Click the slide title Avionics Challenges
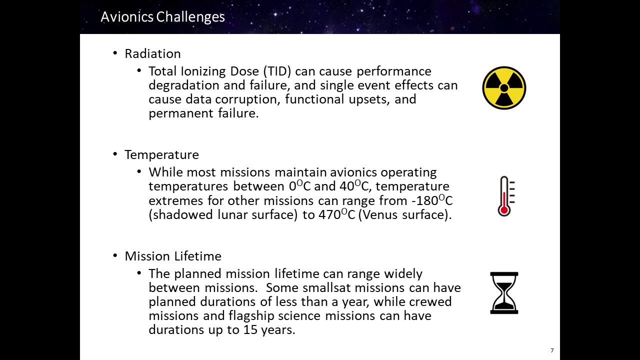click(163, 17)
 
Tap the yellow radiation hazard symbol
click(504, 88)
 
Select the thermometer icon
click(505, 196)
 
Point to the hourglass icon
click(504, 293)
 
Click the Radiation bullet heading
click(152, 53)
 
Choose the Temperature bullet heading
click(161, 155)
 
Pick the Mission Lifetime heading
click(173, 256)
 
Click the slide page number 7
click(552, 350)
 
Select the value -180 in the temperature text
click(424, 201)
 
